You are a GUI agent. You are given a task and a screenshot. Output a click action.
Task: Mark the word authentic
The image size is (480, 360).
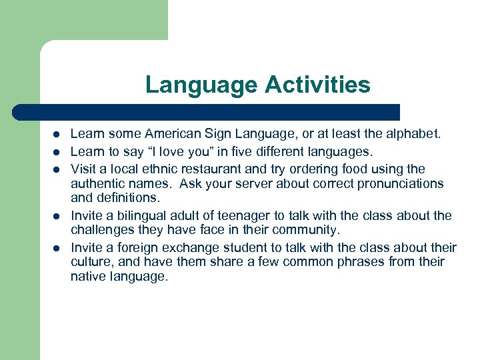98,183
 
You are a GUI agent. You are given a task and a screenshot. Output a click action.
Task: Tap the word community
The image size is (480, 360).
305,230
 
